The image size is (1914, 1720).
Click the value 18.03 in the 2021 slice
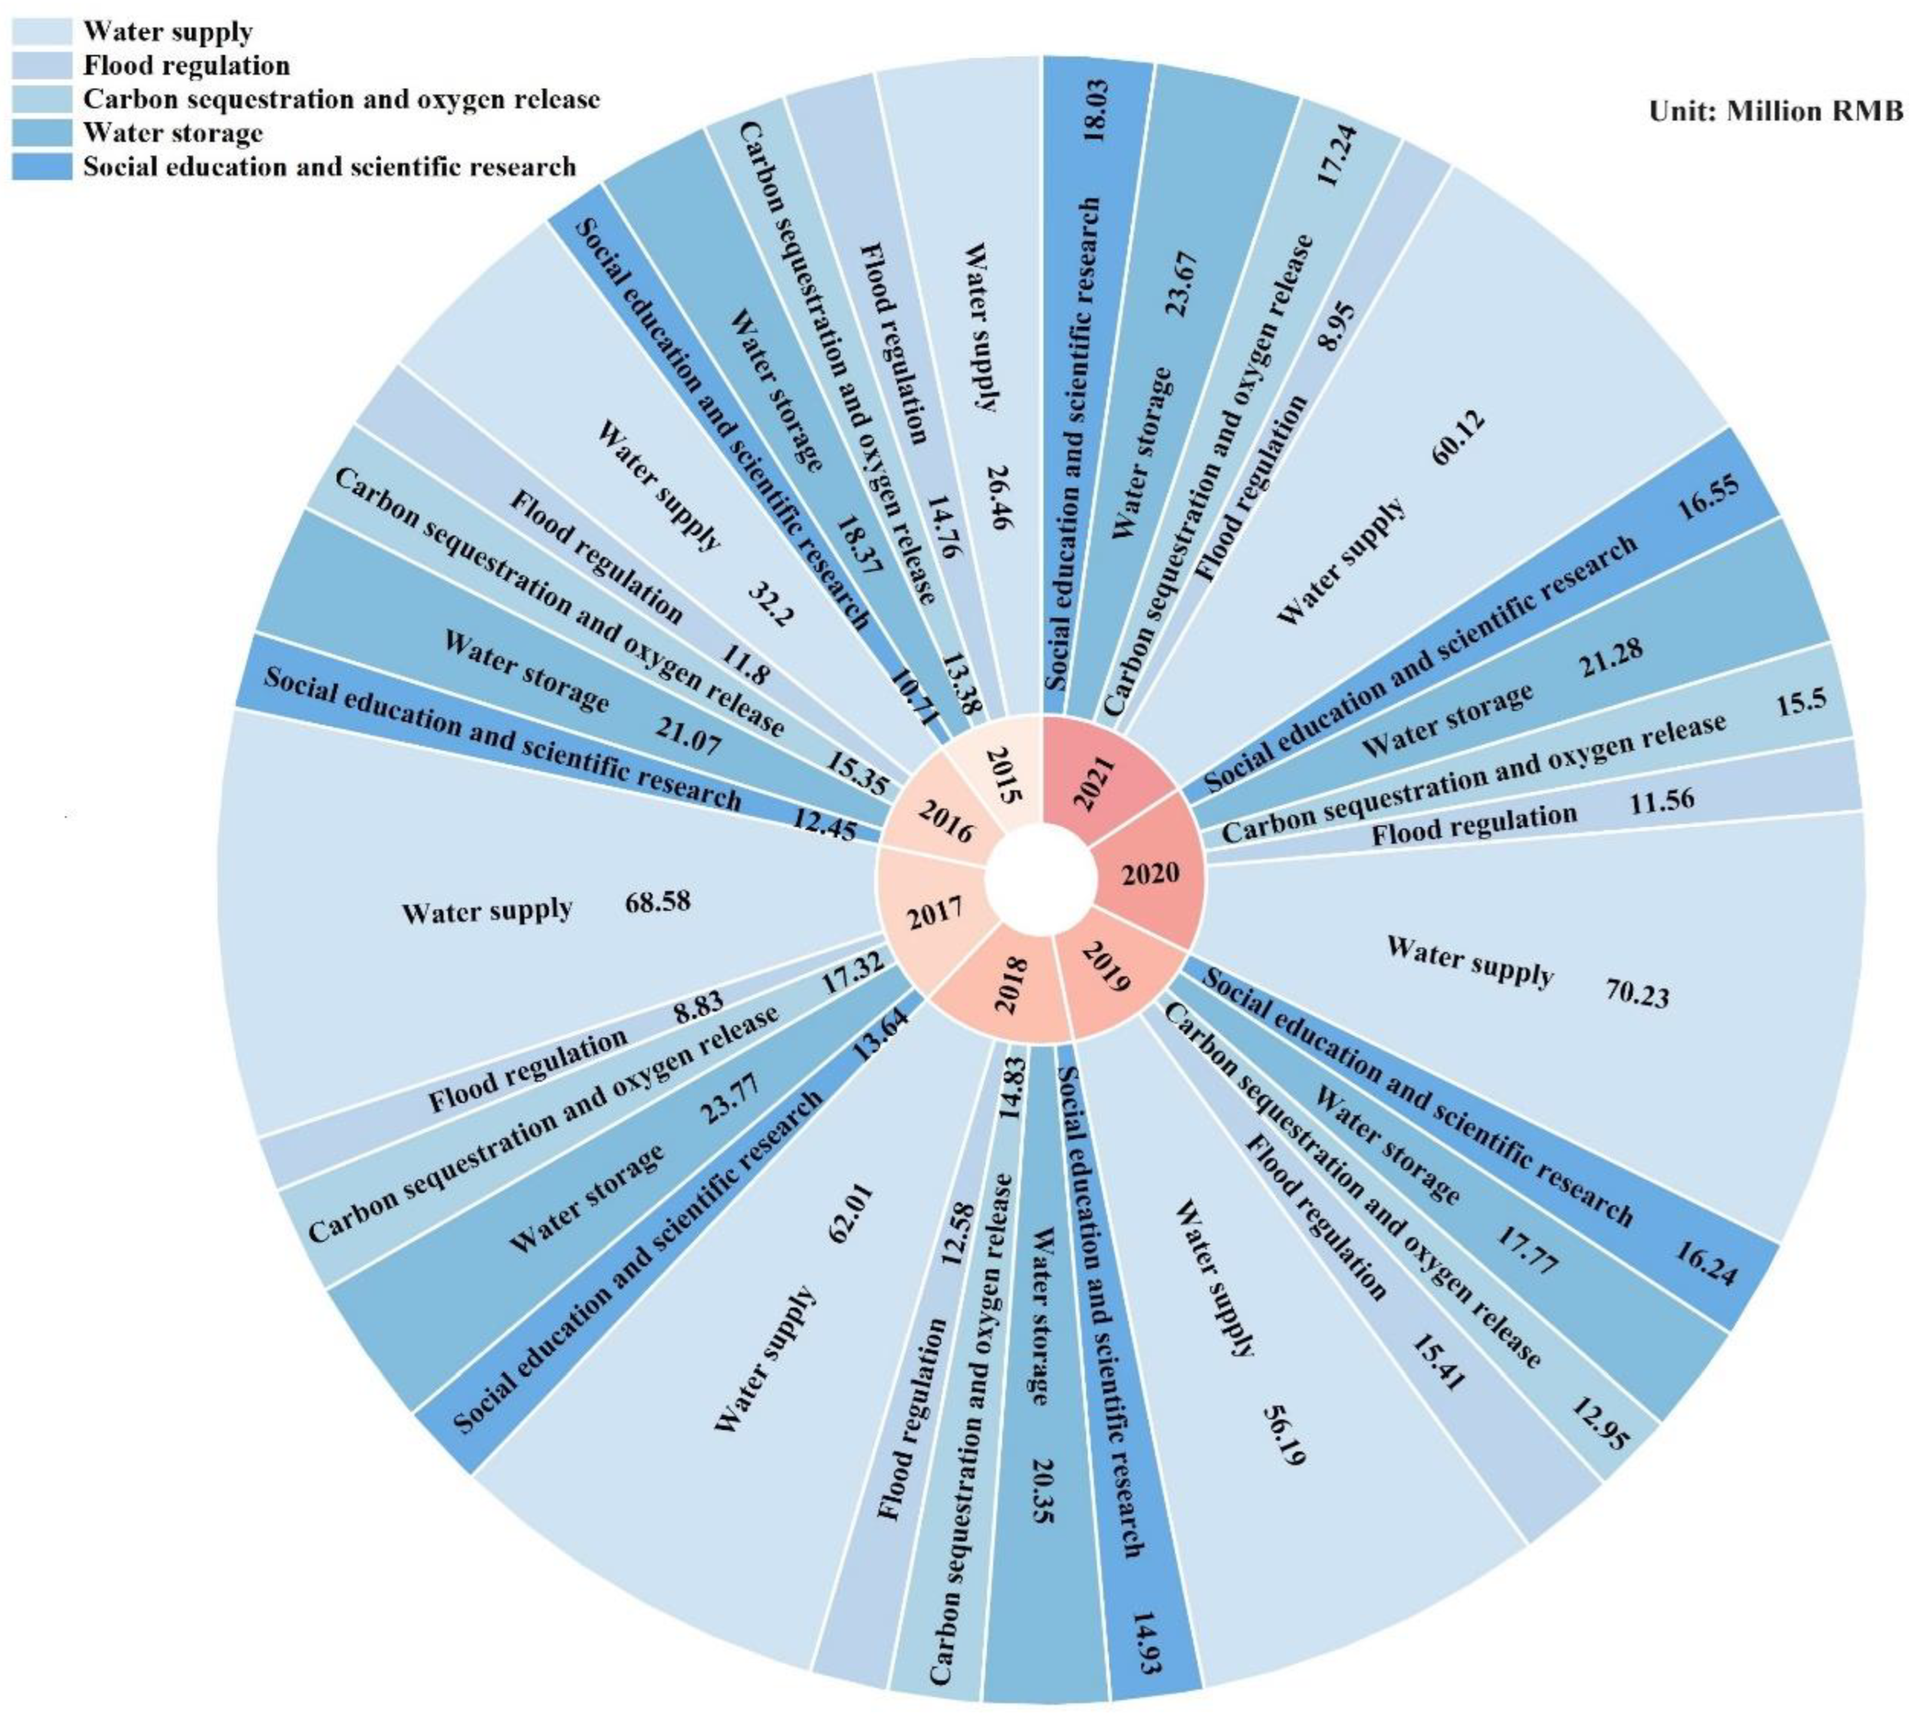(1099, 111)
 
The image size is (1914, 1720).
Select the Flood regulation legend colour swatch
(42, 65)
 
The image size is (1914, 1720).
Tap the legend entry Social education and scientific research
(330, 167)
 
